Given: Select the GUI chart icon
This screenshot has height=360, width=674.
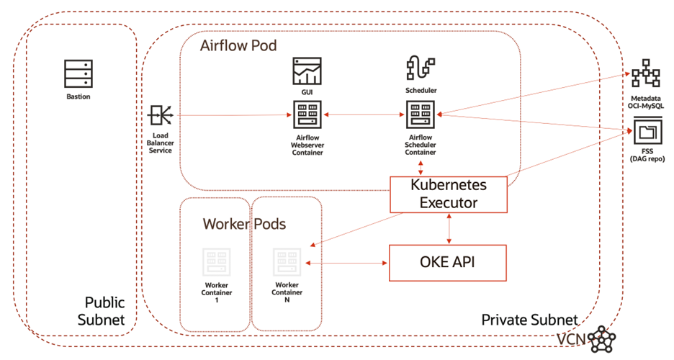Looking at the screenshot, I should pyautogui.click(x=307, y=72).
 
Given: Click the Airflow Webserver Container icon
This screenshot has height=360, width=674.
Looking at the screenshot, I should pyautogui.click(x=307, y=114).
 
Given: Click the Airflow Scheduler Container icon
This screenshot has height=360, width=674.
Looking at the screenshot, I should pyautogui.click(x=421, y=114).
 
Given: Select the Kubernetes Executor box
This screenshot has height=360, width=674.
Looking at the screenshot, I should pyautogui.click(x=448, y=194).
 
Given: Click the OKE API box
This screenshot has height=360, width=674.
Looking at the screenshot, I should pyautogui.click(x=448, y=263).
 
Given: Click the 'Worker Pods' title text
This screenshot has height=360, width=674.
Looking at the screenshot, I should pyautogui.click(x=244, y=224).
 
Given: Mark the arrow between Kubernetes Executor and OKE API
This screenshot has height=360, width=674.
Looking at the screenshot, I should pyautogui.click(x=450, y=228).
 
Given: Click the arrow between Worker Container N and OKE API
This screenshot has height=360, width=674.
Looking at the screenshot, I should pyautogui.click(x=346, y=264).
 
